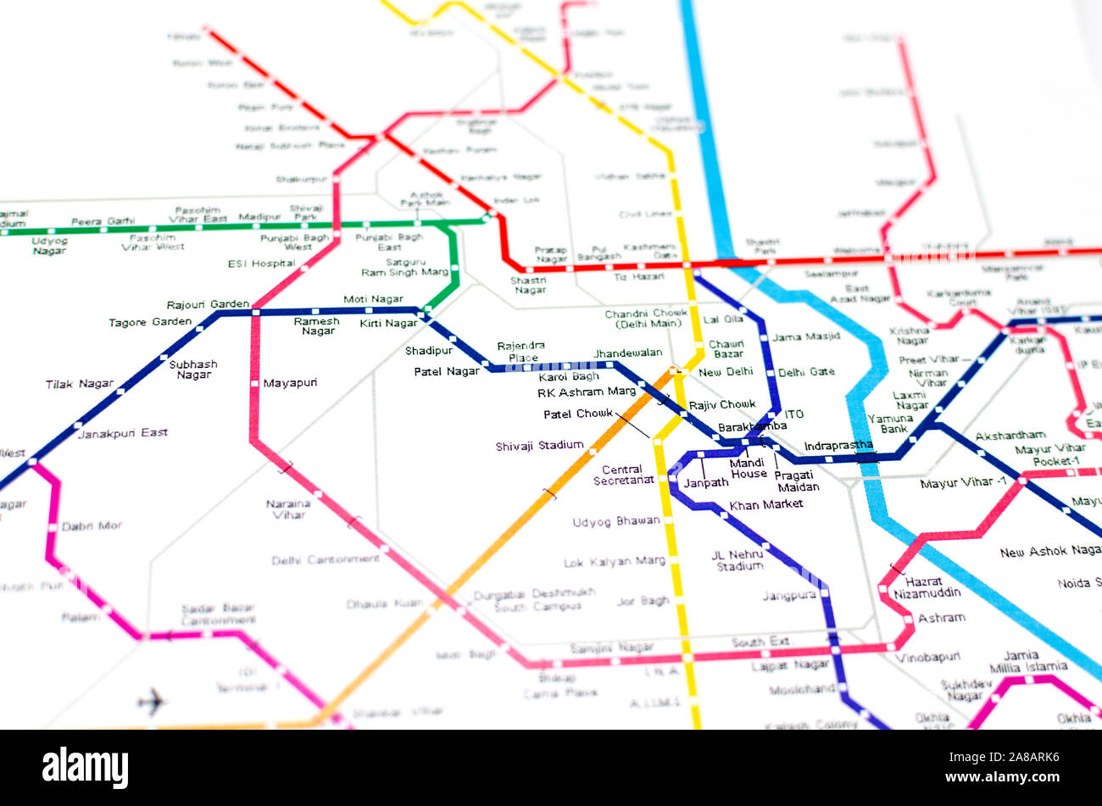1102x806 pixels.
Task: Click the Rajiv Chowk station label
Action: pyautogui.click(x=721, y=405)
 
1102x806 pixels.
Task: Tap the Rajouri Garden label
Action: pyautogui.click(x=208, y=304)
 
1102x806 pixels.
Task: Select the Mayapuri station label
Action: pyautogui.click(x=290, y=383)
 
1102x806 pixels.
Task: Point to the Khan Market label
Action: pyautogui.click(x=765, y=505)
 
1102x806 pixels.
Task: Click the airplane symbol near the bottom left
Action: pyautogui.click(x=152, y=701)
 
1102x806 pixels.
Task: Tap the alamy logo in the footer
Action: pyautogui.click(x=86, y=768)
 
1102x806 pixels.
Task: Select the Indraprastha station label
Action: pyautogui.click(x=838, y=446)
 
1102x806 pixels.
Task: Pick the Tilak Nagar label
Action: pyautogui.click(x=80, y=384)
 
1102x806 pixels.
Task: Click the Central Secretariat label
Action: pyautogui.click(x=628, y=475)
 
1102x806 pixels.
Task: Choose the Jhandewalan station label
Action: pyautogui.click(x=627, y=353)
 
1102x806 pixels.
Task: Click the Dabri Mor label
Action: pyautogui.click(x=92, y=526)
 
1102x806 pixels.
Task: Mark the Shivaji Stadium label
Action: pyautogui.click(x=539, y=446)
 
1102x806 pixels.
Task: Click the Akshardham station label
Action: pyautogui.click(x=1010, y=436)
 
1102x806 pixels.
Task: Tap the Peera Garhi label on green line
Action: pyautogui.click(x=103, y=222)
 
